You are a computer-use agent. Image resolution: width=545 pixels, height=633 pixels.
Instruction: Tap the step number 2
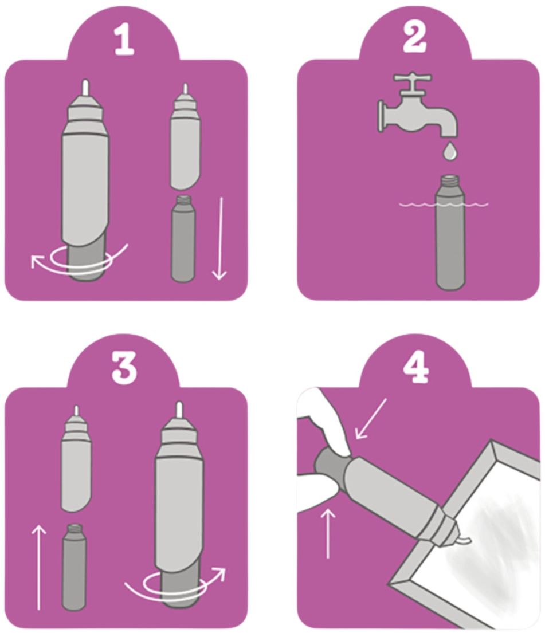click(414, 39)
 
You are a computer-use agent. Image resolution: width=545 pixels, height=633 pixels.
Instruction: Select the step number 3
click(124, 368)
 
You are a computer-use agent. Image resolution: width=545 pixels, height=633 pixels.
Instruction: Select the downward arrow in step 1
click(220, 238)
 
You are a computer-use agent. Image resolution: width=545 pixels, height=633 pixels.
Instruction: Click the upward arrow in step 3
click(39, 567)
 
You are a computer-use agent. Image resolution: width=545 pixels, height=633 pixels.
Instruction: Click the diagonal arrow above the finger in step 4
click(370, 419)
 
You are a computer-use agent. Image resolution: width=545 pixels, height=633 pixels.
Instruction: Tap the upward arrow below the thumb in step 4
click(328, 533)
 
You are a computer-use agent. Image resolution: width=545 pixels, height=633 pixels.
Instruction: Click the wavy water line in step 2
click(444, 205)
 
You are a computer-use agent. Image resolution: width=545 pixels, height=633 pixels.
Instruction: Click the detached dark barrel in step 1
click(183, 238)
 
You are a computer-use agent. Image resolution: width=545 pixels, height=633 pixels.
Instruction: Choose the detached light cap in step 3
click(76, 459)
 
